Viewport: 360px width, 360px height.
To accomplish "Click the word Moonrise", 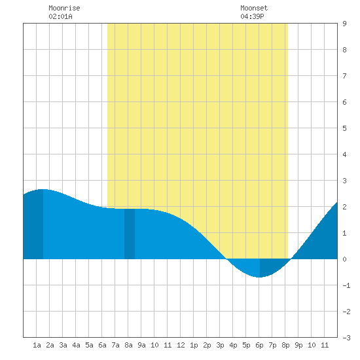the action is pyautogui.click(x=64, y=8).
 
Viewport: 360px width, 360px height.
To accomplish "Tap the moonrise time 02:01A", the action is pyautogui.click(x=60, y=16).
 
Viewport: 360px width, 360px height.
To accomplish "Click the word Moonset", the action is pyautogui.click(x=254, y=8).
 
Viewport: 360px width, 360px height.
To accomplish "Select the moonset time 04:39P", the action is pyautogui.click(x=252, y=16).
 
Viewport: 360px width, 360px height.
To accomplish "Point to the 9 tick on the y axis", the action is pyautogui.click(x=344, y=24).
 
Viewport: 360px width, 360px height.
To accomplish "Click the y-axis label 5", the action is pyautogui.click(x=344, y=128).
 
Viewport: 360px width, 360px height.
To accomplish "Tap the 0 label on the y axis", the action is pyautogui.click(x=344, y=259).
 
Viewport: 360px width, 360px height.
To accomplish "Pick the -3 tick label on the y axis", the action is pyautogui.click(x=346, y=338).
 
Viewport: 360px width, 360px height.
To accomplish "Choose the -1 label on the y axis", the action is pyautogui.click(x=346, y=285).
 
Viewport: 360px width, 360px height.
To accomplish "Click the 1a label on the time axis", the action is pyautogui.click(x=37, y=345).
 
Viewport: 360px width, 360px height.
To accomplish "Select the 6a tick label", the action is pyautogui.click(x=102, y=345).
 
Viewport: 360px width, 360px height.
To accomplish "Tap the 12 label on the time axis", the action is pyautogui.click(x=181, y=345).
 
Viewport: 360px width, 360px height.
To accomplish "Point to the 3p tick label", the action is pyautogui.click(x=220, y=345).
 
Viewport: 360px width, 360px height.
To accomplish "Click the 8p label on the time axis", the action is pyautogui.click(x=285, y=345).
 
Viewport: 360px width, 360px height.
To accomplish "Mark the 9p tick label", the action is pyautogui.click(x=298, y=345).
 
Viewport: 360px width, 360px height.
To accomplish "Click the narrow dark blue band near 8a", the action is pyautogui.click(x=130, y=234).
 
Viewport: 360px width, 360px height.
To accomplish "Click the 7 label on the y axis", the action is pyautogui.click(x=344, y=76).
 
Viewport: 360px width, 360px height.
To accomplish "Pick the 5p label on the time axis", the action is pyautogui.click(x=246, y=345).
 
